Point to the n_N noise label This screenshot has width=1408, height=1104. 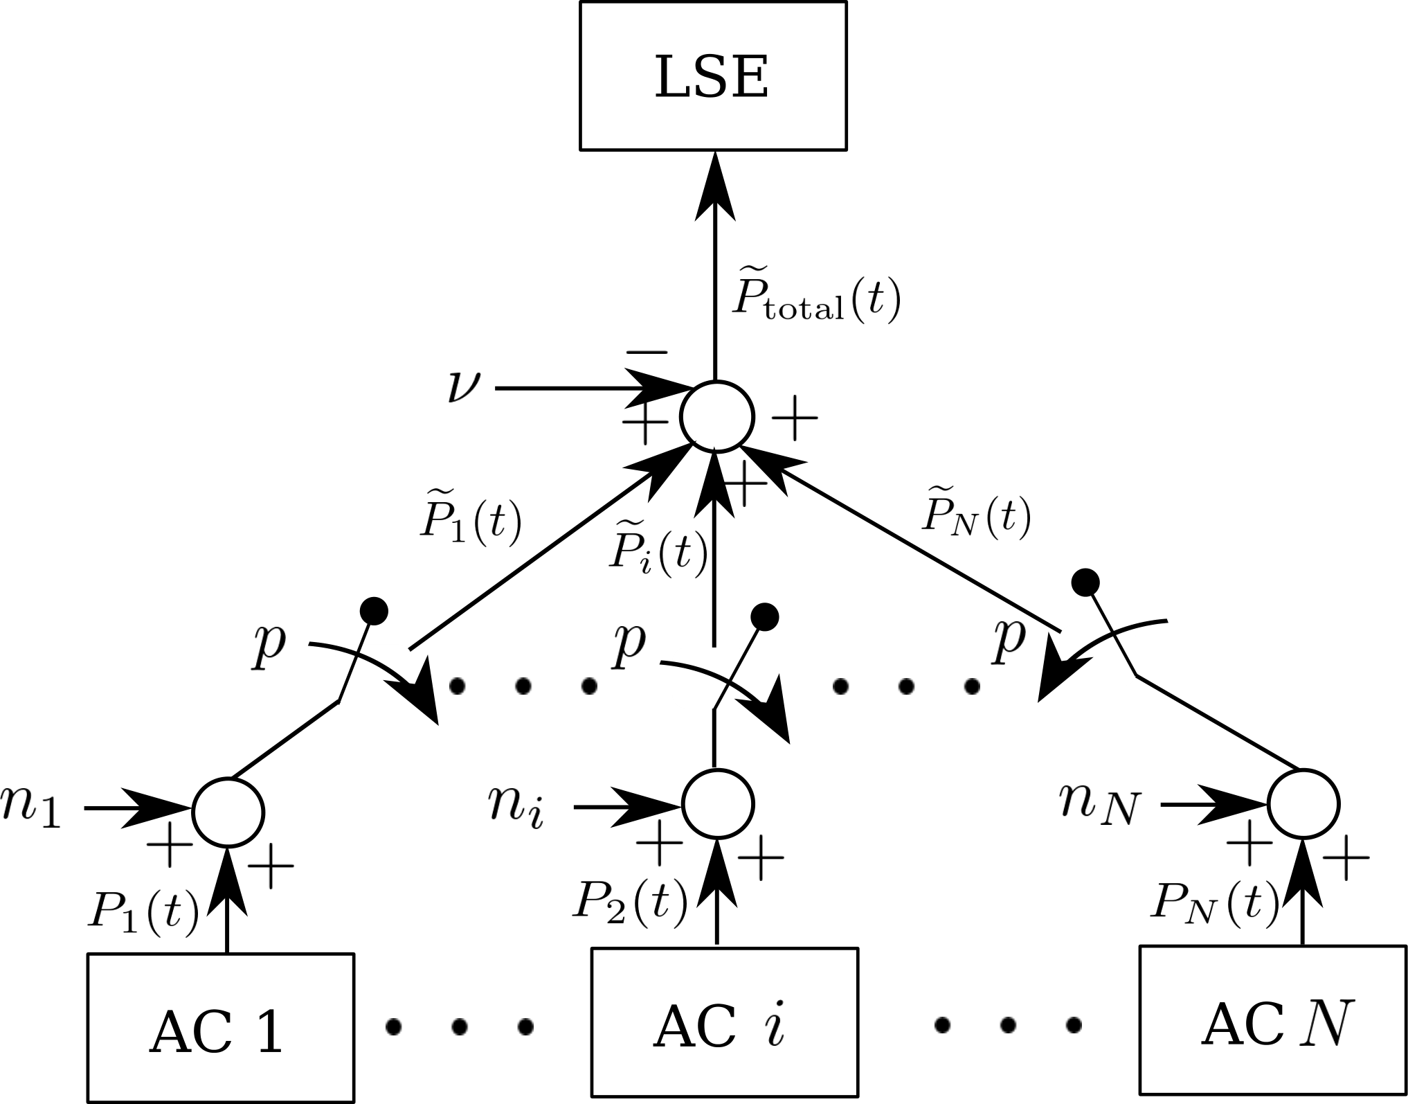click(1099, 805)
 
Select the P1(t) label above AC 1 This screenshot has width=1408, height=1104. click(143, 909)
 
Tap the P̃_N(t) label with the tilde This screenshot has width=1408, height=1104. click(976, 514)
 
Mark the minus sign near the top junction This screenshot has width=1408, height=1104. click(647, 353)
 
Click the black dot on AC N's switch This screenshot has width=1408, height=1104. click(1085, 582)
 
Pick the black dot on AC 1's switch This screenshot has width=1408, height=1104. click(374, 610)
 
